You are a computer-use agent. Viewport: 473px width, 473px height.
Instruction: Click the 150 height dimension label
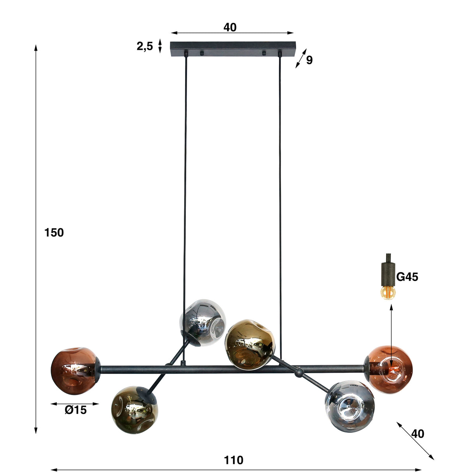(x=54, y=233)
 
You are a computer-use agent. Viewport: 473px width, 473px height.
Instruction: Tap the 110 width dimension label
(x=233, y=460)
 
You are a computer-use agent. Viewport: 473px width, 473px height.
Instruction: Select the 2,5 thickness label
(x=145, y=47)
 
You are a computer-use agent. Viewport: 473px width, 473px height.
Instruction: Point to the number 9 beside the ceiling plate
(x=309, y=60)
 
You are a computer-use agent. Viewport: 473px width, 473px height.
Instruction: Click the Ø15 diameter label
(x=76, y=410)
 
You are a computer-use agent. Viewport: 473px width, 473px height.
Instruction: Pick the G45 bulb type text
(x=407, y=277)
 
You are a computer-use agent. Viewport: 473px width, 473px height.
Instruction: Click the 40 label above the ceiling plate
(x=230, y=27)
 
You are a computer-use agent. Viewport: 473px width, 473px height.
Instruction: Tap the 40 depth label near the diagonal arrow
(x=418, y=434)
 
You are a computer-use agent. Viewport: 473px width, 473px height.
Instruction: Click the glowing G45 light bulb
(x=388, y=292)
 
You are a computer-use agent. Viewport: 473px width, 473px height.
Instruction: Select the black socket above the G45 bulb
(x=388, y=274)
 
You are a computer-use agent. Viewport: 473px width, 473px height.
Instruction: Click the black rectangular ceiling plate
(x=233, y=49)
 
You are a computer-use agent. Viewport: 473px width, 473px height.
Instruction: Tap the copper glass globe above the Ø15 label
(x=74, y=371)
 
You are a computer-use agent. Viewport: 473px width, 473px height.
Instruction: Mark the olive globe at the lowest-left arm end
(x=134, y=410)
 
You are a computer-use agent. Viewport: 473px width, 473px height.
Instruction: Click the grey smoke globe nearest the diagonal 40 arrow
(x=349, y=406)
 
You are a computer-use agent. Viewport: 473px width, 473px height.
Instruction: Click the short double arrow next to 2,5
(x=160, y=46)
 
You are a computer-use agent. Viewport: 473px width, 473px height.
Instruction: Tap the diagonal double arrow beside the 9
(x=301, y=58)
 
